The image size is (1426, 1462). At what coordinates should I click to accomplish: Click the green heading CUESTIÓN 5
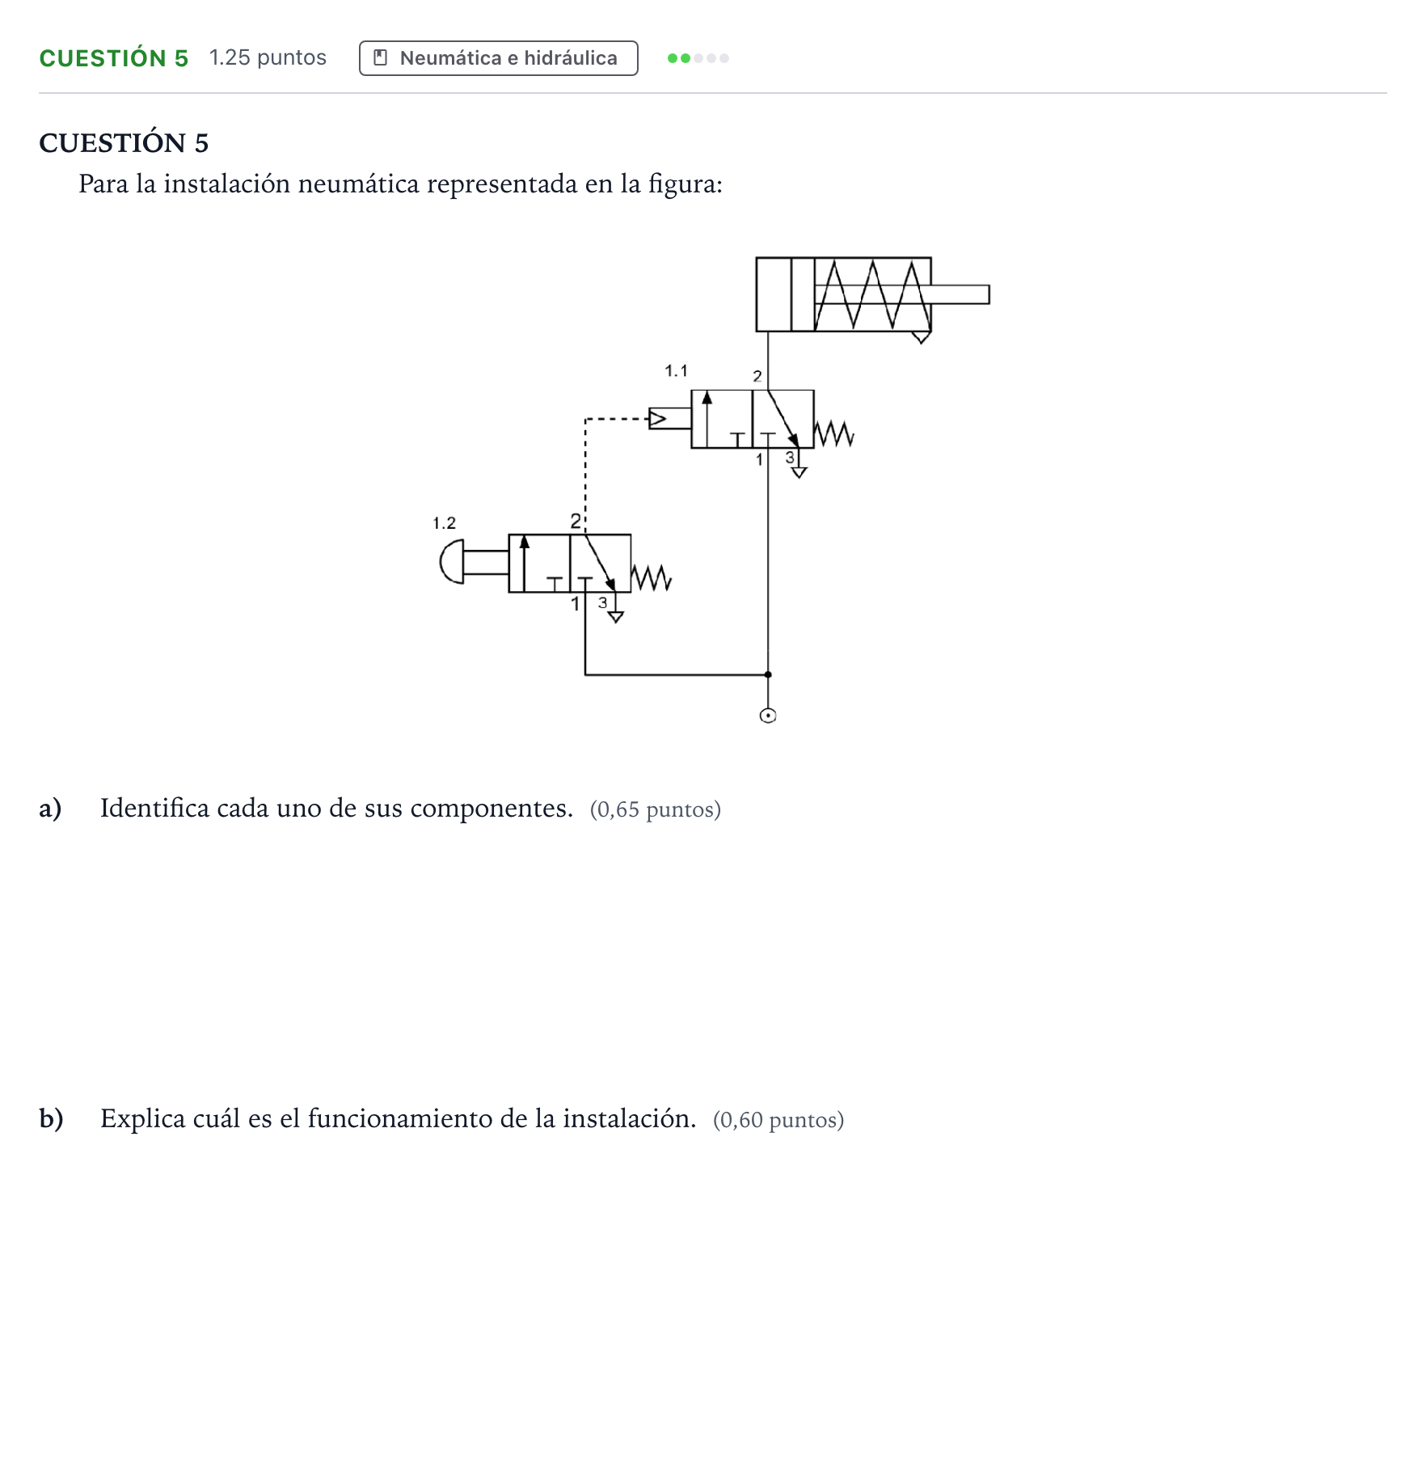(x=114, y=58)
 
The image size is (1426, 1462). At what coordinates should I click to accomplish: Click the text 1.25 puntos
(x=268, y=57)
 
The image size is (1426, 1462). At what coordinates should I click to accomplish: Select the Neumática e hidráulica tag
(x=498, y=58)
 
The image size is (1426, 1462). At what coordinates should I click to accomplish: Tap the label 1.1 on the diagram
(x=676, y=370)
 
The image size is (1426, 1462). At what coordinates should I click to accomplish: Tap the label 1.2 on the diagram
(x=444, y=523)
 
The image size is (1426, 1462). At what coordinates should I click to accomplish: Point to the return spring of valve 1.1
(x=833, y=433)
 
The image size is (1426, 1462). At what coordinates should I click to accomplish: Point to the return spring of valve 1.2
(x=652, y=577)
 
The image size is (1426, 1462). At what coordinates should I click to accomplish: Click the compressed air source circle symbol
(x=768, y=716)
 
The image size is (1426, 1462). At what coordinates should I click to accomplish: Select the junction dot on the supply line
(x=768, y=674)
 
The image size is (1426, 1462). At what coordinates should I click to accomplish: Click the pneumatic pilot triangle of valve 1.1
(x=658, y=419)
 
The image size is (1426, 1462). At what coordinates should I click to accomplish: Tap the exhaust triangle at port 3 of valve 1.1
(x=799, y=473)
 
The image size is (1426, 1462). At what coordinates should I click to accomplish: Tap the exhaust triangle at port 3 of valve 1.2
(x=616, y=618)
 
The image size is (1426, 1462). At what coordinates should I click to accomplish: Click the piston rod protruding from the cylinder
(x=960, y=294)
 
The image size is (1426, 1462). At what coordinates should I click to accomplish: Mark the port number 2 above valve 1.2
(x=576, y=521)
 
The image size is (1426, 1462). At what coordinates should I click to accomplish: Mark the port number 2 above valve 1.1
(x=757, y=376)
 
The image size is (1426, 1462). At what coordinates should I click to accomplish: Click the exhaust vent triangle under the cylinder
(x=921, y=337)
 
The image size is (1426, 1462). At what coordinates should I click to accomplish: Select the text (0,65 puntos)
(x=656, y=809)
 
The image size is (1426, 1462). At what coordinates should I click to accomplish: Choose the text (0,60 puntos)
(x=778, y=1120)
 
